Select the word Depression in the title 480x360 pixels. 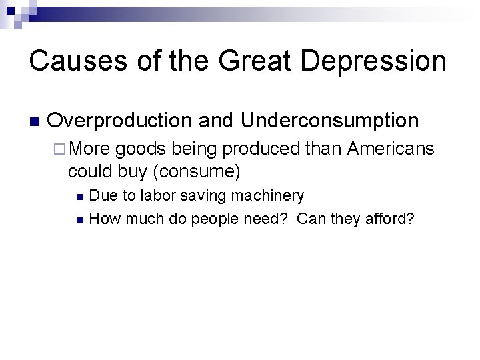373,61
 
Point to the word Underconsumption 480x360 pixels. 330,121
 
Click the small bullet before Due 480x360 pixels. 80,197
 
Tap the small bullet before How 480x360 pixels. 80,218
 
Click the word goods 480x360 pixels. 135,149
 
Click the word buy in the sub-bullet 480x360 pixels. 132,171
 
